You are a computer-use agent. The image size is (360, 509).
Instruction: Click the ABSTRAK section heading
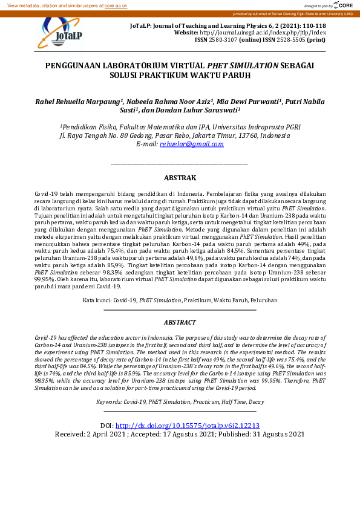click(180, 178)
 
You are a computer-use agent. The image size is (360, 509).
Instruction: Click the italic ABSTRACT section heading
click(180, 323)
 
